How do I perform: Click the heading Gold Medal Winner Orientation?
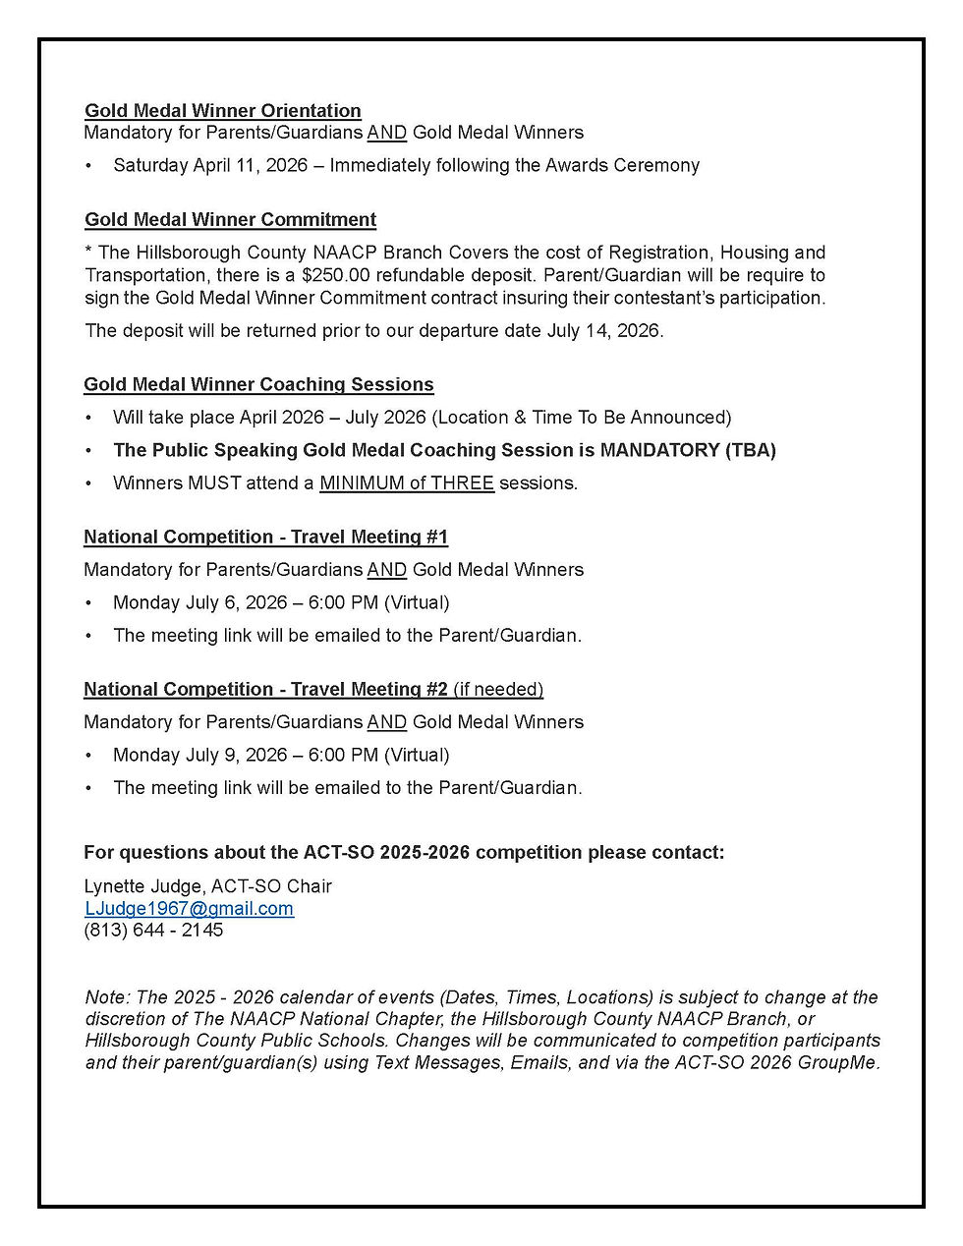tap(223, 111)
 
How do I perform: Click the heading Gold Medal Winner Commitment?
tap(230, 220)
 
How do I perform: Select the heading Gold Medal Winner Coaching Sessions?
tap(258, 384)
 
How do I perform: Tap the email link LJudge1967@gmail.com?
tap(189, 909)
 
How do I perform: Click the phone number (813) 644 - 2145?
tap(153, 930)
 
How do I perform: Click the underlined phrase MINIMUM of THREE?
tap(407, 482)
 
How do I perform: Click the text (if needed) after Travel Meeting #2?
tap(498, 689)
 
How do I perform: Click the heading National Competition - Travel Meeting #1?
tap(265, 537)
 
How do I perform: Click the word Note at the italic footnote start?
tap(105, 997)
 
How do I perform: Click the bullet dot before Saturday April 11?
tap(89, 165)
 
